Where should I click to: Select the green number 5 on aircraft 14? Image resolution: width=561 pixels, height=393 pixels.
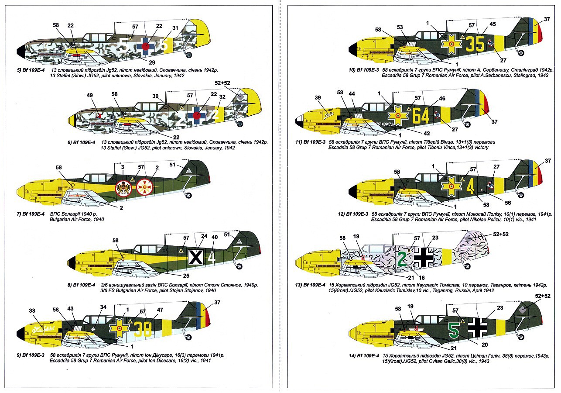click(x=454, y=331)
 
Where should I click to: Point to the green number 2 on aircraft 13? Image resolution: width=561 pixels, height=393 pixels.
click(x=402, y=258)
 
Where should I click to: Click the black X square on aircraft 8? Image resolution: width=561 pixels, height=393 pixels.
click(x=196, y=257)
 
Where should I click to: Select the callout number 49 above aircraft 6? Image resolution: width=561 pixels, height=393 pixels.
click(x=90, y=95)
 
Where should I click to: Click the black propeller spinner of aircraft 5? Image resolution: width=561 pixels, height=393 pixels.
click(x=20, y=54)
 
